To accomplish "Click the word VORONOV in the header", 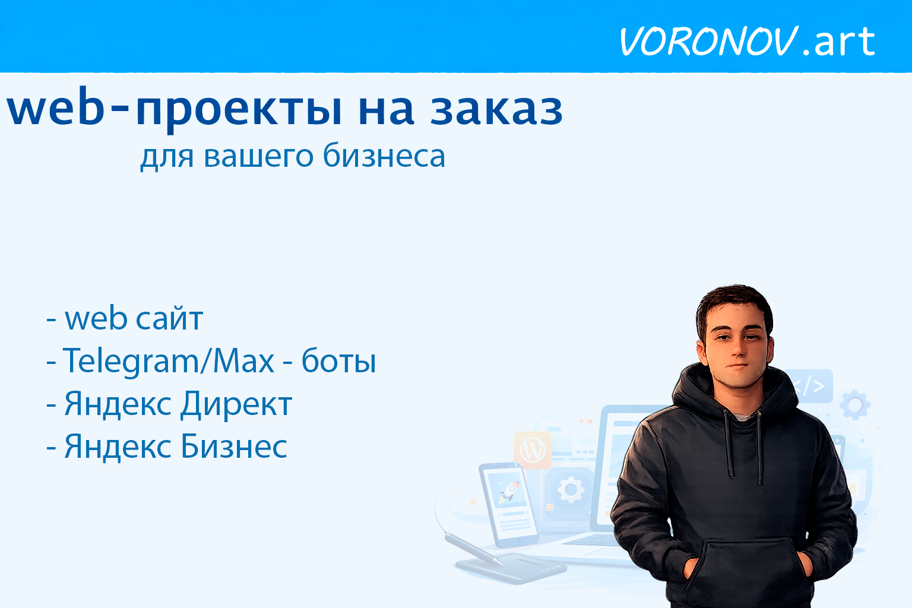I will coord(708,42).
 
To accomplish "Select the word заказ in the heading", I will coord(496,109).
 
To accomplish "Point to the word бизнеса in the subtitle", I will coord(384,157).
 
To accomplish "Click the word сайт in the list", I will coord(169,319).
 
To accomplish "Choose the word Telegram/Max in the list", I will coord(169,361).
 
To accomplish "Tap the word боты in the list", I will coord(338,361).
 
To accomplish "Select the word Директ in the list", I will coord(236,404).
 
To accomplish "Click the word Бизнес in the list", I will coord(234,447).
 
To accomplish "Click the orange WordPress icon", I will coord(533,450).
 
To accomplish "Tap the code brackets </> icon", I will coord(811,387).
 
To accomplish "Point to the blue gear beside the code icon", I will coord(854,405).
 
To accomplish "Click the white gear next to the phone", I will coord(571,490).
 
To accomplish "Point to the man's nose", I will coord(738,350).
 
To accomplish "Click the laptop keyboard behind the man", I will coord(594,540).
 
